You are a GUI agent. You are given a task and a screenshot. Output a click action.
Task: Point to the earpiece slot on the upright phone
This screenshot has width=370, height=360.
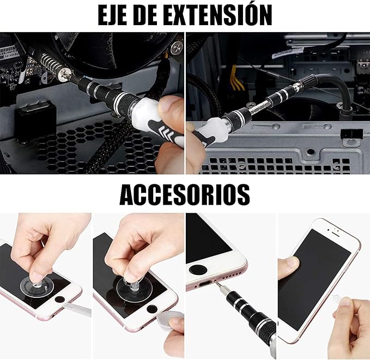(336, 231)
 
